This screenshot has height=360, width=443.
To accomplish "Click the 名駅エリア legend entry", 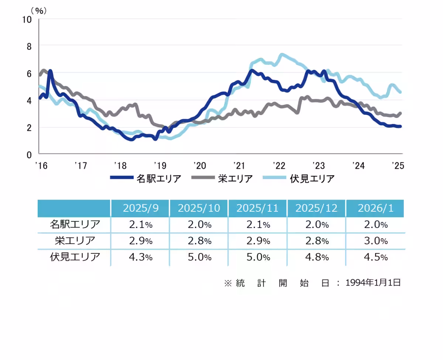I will (x=146, y=179).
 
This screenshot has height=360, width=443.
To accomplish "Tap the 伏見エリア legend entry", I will (x=299, y=179).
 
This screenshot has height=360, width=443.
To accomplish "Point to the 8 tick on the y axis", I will (x=29, y=46).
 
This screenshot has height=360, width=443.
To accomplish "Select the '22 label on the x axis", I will (x=279, y=166).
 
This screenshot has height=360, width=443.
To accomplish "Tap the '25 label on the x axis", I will (x=398, y=166).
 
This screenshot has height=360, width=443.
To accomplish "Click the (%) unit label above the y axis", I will (x=39, y=10).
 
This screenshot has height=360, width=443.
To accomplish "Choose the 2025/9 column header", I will (x=141, y=208).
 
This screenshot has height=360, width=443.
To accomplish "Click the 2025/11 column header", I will (x=258, y=208).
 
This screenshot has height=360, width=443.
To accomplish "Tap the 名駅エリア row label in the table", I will (x=75, y=224).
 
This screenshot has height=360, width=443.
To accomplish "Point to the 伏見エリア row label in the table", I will (x=75, y=257).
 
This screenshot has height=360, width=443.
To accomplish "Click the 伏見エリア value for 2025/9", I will (x=141, y=257).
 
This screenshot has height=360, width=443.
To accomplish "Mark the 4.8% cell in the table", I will (x=316, y=257).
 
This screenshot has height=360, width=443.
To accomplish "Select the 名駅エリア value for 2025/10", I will (x=199, y=224).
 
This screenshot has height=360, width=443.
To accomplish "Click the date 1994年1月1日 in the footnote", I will (x=373, y=283).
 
